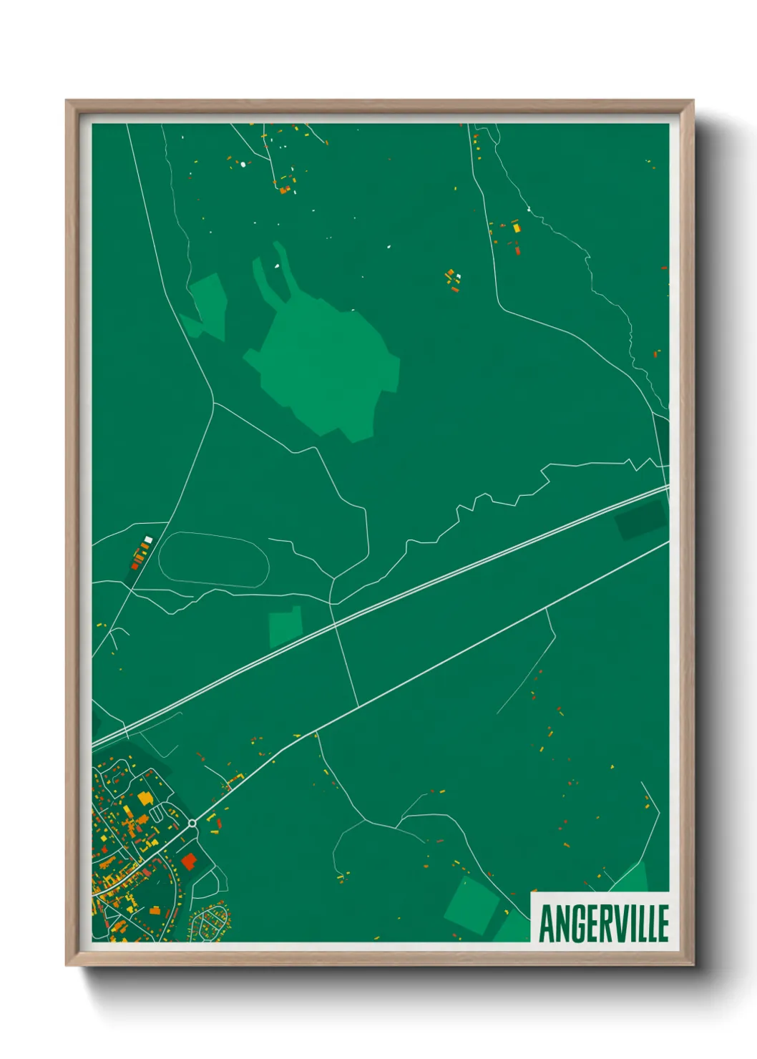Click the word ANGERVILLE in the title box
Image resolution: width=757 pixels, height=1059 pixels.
tap(603, 923)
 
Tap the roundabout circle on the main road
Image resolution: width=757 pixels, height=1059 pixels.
tap(192, 824)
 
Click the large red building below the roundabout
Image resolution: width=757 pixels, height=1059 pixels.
tap(188, 861)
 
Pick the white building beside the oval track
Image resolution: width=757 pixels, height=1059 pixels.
tap(148, 539)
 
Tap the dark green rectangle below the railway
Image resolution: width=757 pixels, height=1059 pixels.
tap(640, 519)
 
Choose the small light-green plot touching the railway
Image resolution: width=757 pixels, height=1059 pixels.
tap(285, 627)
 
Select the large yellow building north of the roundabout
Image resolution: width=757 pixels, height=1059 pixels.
tap(145, 798)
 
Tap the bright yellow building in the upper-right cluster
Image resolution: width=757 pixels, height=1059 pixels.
tap(516, 228)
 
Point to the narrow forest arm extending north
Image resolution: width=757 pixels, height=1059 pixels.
tap(281, 268)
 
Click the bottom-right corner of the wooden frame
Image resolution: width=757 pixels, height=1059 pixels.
tap(692, 964)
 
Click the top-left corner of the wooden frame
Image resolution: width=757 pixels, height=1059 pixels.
tap(67, 102)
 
